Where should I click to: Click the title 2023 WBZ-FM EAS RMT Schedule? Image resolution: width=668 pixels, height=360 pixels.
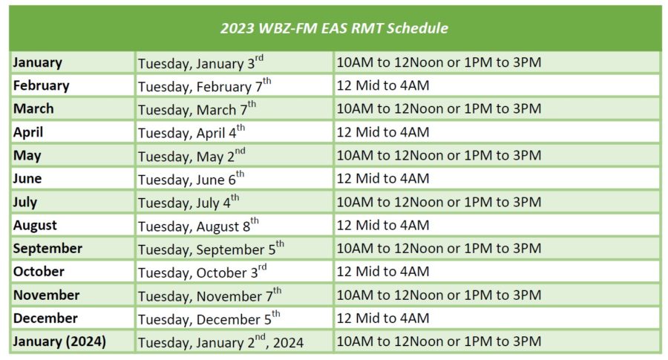(334, 28)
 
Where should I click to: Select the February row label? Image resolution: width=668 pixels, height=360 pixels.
(41, 85)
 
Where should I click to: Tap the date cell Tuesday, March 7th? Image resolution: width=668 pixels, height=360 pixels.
(197, 108)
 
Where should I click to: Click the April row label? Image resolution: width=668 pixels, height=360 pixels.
(28, 132)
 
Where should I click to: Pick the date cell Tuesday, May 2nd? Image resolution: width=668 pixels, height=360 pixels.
(191, 155)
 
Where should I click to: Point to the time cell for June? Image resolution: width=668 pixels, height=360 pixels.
(382, 178)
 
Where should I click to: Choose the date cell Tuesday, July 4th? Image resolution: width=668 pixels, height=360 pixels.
(189, 202)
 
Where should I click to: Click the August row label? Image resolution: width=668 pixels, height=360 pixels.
(35, 226)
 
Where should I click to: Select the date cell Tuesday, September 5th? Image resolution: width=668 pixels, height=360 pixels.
(211, 249)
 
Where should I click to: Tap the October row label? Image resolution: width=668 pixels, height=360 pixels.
(39, 272)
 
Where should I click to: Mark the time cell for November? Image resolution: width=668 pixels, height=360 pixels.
(439, 295)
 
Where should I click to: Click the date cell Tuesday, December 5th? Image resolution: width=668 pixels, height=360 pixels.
(209, 318)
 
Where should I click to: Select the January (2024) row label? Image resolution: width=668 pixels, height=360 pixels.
(59, 341)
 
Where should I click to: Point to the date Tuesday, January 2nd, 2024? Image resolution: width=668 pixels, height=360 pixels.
(220, 341)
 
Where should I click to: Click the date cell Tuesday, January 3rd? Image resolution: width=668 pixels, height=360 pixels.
(200, 62)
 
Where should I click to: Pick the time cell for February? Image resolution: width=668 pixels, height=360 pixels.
(382, 85)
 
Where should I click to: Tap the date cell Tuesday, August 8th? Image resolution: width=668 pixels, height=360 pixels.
(198, 226)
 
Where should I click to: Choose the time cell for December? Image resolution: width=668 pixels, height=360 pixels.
(382, 318)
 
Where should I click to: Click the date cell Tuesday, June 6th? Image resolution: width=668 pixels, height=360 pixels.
(191, 178)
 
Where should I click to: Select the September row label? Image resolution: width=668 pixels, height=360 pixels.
(48, 249)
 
